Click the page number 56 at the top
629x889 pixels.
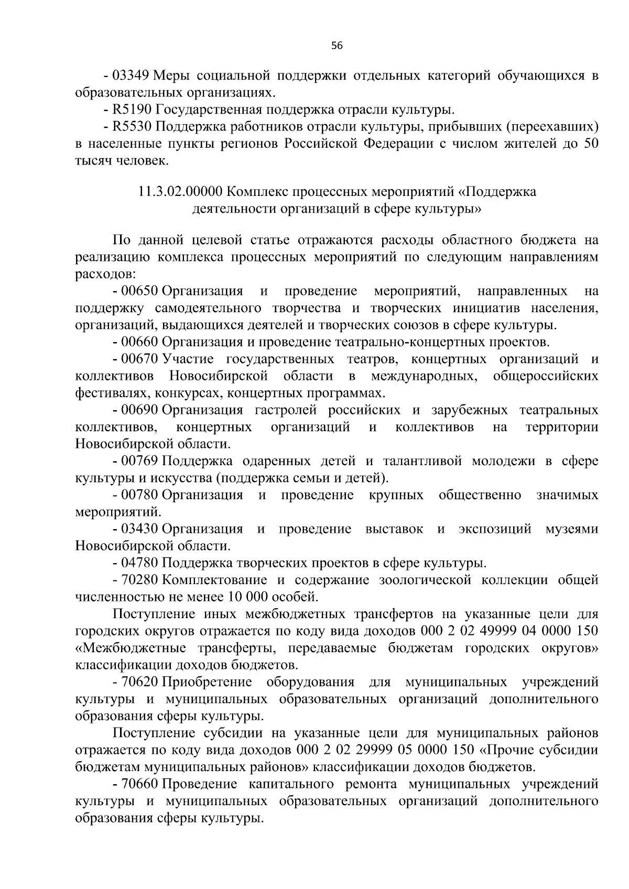click(337, 46)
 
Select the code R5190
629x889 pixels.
click(133, 110)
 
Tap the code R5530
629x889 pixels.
click(133, 127)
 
